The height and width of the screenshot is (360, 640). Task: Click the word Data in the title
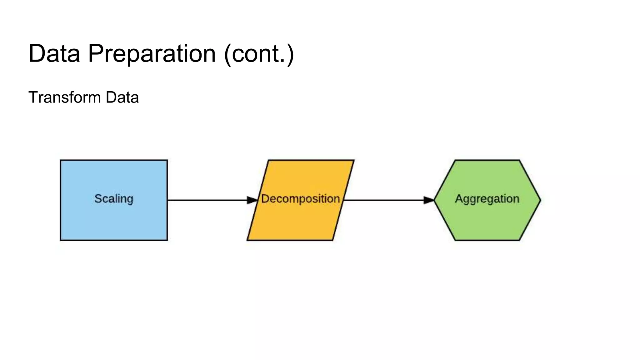pyautogui.click(x=54, y=53)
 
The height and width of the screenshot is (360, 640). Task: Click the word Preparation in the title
pyautogui.click(x=152, y=53)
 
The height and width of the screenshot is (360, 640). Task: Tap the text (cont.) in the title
pyautogui.click(x=259, y=53)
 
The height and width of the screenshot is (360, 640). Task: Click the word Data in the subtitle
pyautogui.click(x=122, y=97)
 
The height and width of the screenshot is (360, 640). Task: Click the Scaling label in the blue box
pyautogui.click(x=114, y=199)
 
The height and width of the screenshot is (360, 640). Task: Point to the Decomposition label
pyautogui.click(x=300, y=199)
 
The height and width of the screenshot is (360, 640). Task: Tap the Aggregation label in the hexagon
pyautogui.click(x=487, y=199)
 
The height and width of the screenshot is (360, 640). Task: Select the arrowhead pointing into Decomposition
pyautogui.click(x=252, y=200)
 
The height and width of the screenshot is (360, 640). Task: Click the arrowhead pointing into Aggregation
pyautogui.click(x=429, y=200)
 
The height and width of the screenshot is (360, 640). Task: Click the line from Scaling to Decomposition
pyautogui.click(x=206, y=200)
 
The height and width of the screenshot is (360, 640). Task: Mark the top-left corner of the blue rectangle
pyautogui.click(x=61, y=160)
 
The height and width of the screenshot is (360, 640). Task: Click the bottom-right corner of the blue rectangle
pyautogui.click(x=167, y=240)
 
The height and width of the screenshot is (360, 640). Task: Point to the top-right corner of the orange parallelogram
pyautogui.click(x=354, y=160)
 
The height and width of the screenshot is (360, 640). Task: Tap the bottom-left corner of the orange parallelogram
pyautogui.click(x=247, y=240)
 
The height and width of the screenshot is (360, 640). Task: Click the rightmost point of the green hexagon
pyautogui.click(x=540, y=200)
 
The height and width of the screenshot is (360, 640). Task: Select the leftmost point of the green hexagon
pyautogui.click(x=434, y=200)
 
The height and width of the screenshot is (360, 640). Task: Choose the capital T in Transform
pyautogui.click(x=33, y=97)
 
